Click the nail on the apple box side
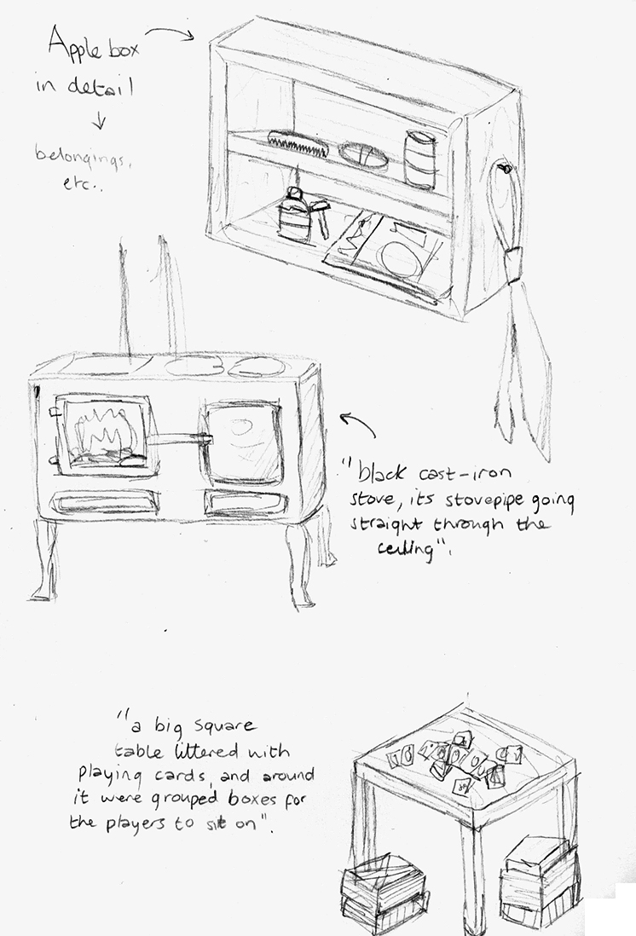point(506,169)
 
